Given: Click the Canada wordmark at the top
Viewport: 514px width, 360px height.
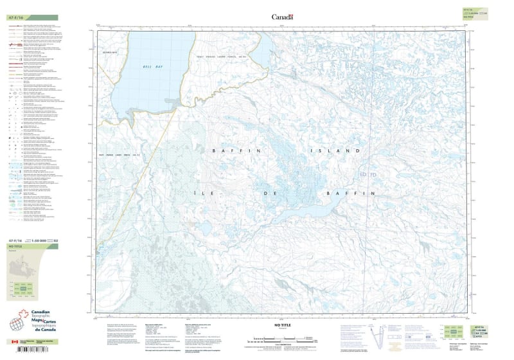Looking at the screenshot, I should (x=282, y=17).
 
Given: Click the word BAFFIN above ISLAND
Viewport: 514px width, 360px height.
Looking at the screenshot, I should (x=227, y=150).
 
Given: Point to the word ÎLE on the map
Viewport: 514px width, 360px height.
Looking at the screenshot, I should (x=220, y=193).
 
